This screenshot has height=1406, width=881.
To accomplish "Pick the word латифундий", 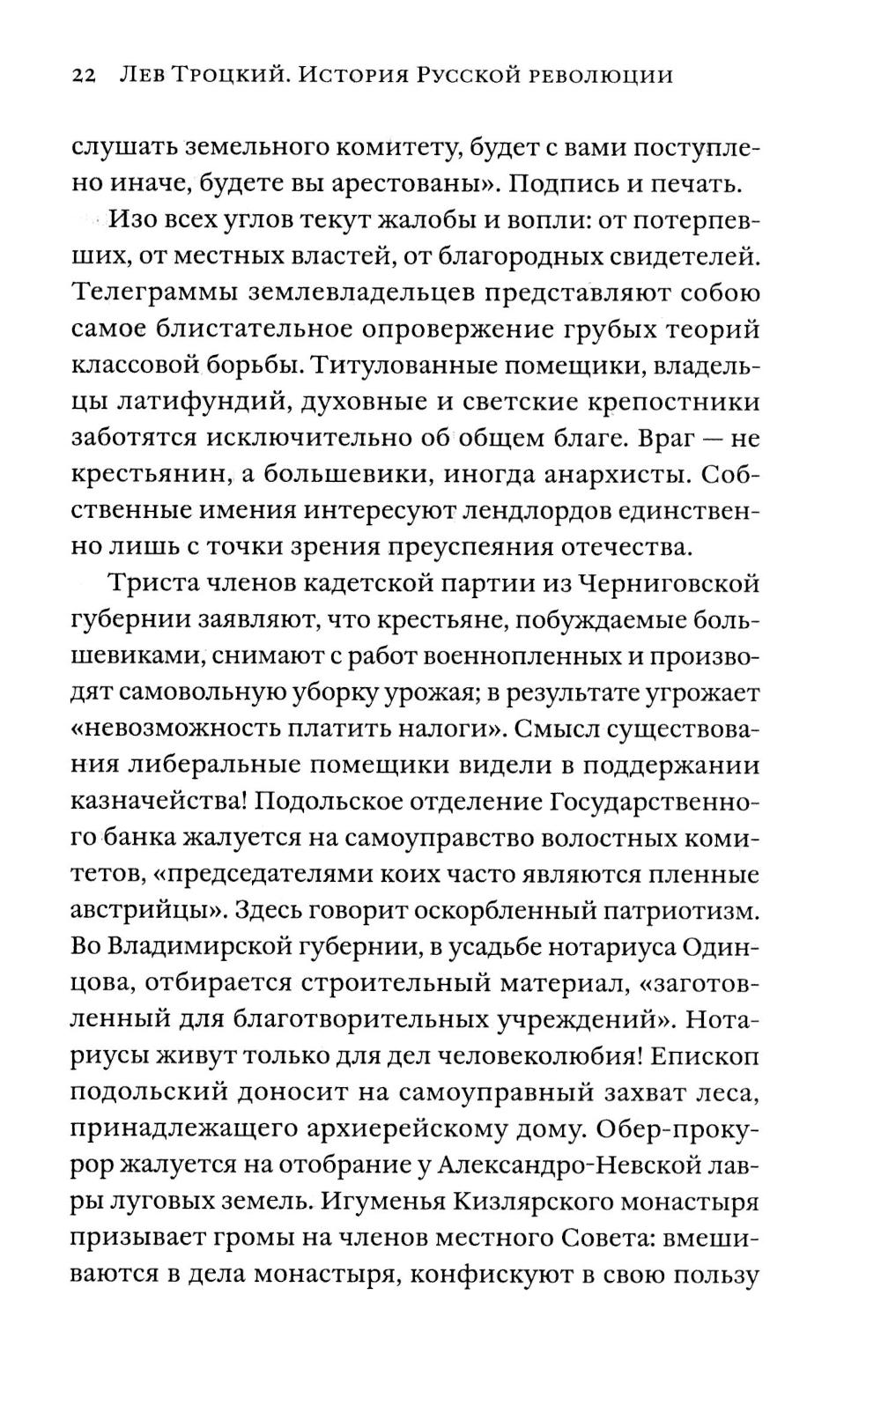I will [201, 402].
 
